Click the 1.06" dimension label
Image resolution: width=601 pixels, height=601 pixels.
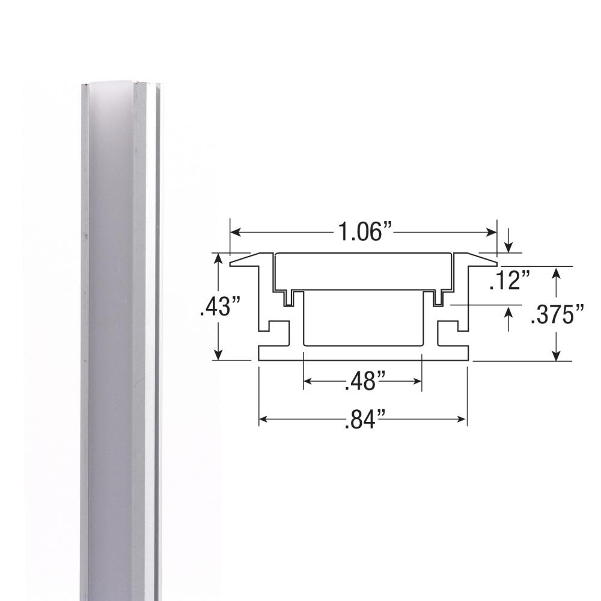(x=363, y=232)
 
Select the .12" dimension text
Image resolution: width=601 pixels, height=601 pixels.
(x=510, y=281)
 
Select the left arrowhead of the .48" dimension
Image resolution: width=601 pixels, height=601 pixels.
(x=308, y=380)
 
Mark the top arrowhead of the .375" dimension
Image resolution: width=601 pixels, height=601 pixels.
(x=558, y=272)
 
